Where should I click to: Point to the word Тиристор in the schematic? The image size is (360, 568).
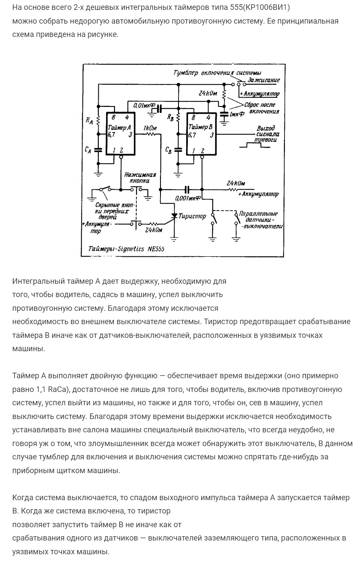click(x=192, y=216)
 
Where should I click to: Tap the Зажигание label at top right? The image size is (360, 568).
click(x=263, y=80)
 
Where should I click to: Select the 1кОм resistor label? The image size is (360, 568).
click(x=150, y=128)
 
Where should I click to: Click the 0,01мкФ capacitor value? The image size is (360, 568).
click(x=144, y=105)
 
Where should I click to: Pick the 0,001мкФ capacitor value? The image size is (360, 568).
click(x=188, y=198)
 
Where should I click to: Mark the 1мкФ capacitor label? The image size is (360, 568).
click(x=237, y=114)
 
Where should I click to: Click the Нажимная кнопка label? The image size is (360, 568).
click(x=140, y=178)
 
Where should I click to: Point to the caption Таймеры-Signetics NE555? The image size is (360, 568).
click(x=126, y=249)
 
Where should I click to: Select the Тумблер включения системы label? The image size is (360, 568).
click(x=217, y=73)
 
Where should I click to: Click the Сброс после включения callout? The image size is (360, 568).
click(x=261, y=108)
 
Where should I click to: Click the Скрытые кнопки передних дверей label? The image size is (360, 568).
click(x=112, y=211)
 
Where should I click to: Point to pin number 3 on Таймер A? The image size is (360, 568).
click(x=130, y=135)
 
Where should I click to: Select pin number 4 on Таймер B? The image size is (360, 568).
click(x=209, y=117)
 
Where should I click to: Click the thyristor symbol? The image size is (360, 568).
click(x=174, y=215)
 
